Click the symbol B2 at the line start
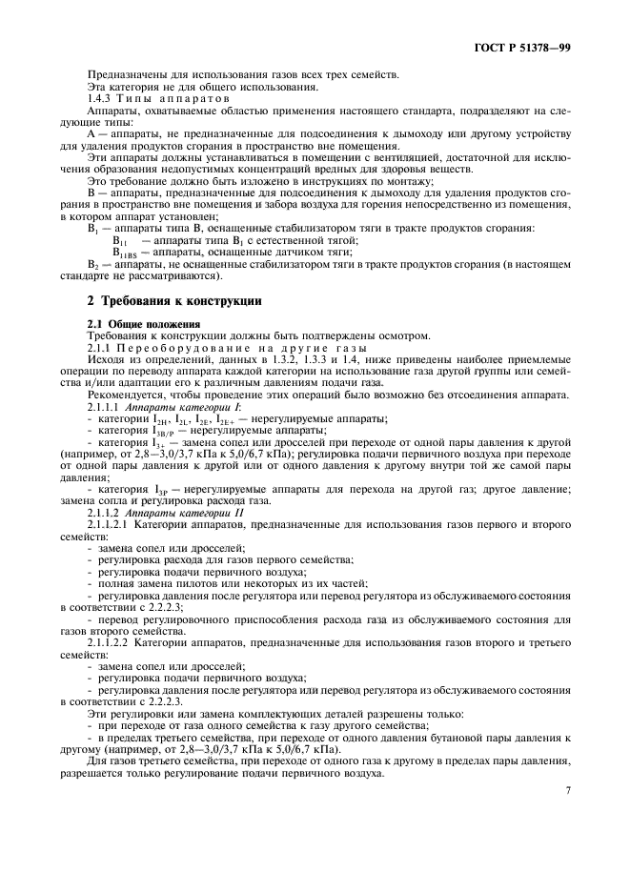92,264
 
